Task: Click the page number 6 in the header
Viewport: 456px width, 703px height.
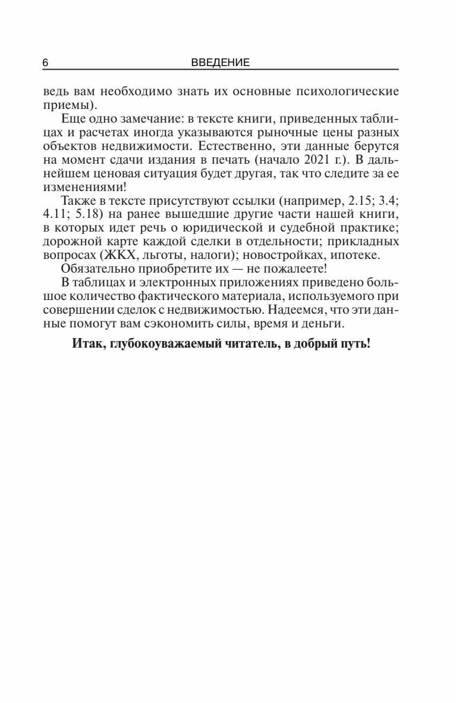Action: (45, 63)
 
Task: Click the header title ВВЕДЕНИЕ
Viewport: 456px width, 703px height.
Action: (221, 63)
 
